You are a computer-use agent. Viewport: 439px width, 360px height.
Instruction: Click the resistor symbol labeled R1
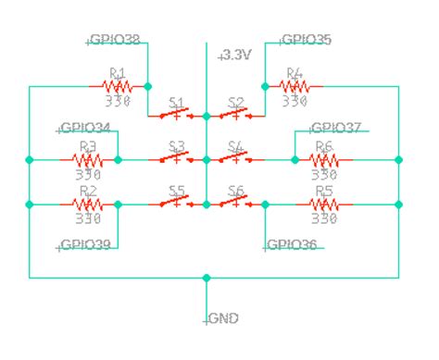117,86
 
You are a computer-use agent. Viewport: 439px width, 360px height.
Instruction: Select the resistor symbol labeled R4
295,86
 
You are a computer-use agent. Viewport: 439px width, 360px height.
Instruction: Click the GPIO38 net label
115,41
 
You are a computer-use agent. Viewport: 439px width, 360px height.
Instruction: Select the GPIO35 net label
305,41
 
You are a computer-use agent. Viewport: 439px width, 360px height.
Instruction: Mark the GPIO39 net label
86,245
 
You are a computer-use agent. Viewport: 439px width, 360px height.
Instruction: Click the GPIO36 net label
292,245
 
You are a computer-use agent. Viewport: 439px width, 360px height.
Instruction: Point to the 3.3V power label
235,56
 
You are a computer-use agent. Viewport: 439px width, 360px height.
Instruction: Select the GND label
222,318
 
